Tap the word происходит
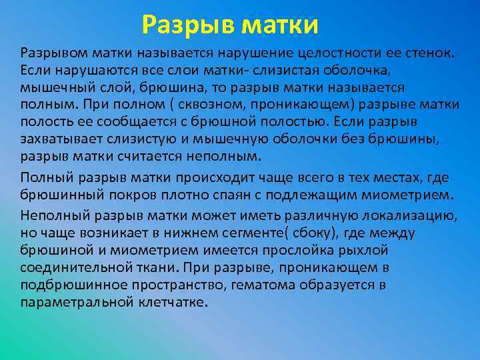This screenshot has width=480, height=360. [x=215, y=178]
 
